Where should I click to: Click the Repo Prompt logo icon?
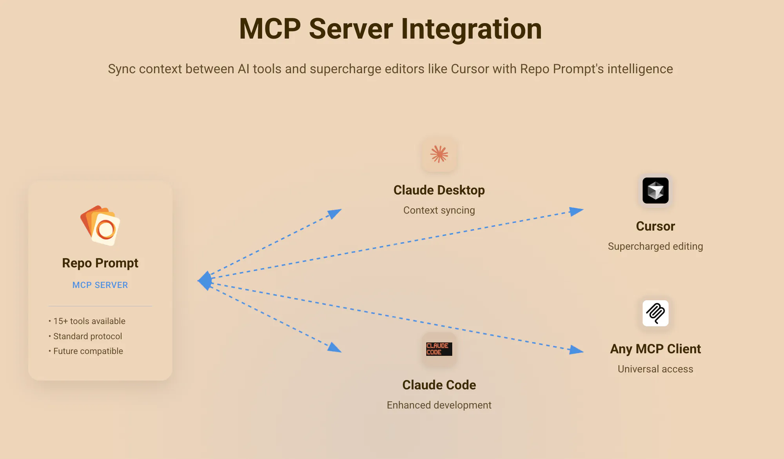click(100, 226)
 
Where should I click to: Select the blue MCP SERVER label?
click(100, 285)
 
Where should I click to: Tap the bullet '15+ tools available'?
click(89, 321)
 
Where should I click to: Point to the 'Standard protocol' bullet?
click(87, 336)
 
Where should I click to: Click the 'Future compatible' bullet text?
click(88, 351)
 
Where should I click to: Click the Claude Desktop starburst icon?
click(439, 154)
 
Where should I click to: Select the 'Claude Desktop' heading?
click(439, 190)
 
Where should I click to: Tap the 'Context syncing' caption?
click(439, 210)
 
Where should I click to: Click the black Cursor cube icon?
click(655, 191)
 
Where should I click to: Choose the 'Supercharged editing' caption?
click(655, 246)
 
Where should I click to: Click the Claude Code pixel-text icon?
click(439, 349)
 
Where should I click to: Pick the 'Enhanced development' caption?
click(439, 405)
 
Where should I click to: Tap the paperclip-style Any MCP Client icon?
click(655, 313)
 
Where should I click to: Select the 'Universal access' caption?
click(655, 369)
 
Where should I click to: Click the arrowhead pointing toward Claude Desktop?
click(335, 213)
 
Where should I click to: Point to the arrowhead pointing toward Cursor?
click(576, 211)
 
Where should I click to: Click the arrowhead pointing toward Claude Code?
click(334, 348)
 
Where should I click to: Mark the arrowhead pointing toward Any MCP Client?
click(576, 350)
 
